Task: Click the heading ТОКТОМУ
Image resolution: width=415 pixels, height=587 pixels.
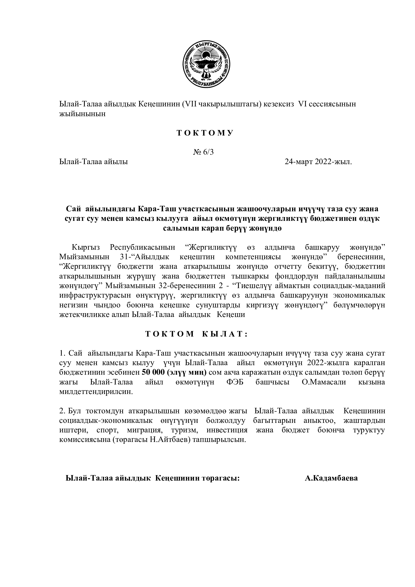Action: [x=205, y=133]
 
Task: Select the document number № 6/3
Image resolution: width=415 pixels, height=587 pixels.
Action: [x=203, y=152]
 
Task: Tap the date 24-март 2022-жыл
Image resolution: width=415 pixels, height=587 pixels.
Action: [x=318, y=162]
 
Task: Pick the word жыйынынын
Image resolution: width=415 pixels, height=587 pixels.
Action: [x=82, y=114]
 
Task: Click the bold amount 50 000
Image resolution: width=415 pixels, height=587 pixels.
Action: [x=153, y=373]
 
